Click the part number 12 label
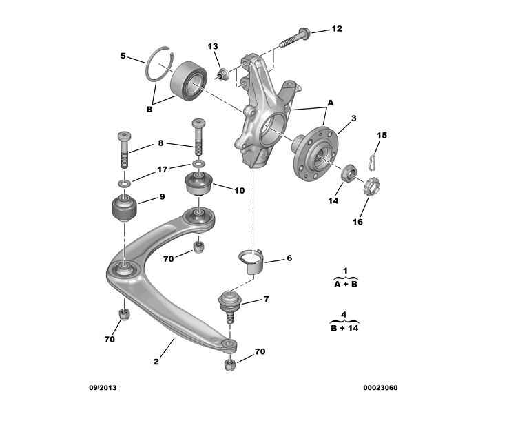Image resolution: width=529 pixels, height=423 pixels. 336,29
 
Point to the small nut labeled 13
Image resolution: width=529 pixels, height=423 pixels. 222,73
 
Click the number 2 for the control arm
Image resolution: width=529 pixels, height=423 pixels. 156,361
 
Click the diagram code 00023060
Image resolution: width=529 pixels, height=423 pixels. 380,387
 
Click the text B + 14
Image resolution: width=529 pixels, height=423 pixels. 345,328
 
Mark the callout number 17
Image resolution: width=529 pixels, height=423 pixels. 162,169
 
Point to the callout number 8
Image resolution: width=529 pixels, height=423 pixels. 160,143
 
